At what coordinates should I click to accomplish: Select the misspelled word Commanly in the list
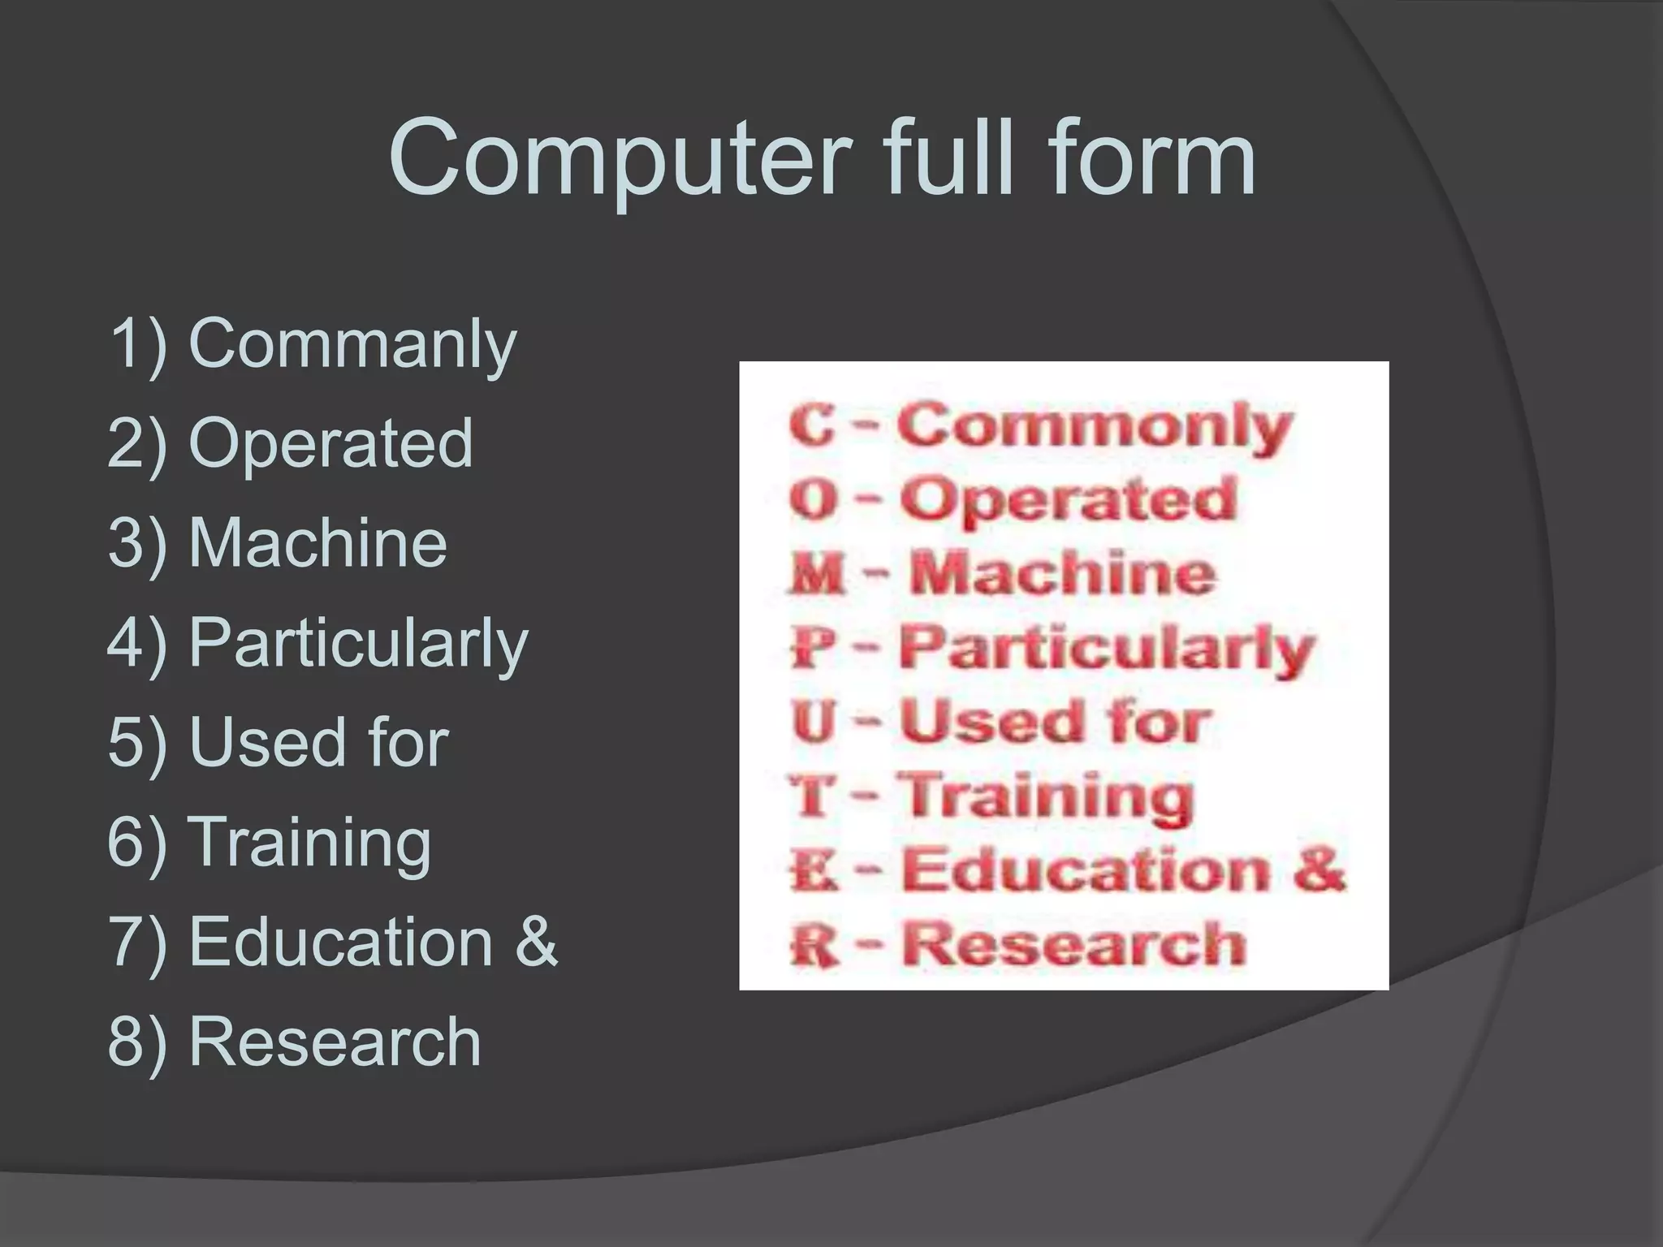pyautogui.click(x=352, y=345)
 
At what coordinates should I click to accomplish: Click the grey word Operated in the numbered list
pyautogui.click(x=330, y=443)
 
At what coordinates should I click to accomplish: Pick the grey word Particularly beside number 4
pyautogui.click(x=358, y=644)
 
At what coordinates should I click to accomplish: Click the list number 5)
pyautogui.click(x=136, y=742)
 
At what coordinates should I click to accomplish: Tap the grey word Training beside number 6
pyautogui.click(x=309, y=842)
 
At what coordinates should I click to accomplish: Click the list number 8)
pyautogui.click(x=136, y=1041)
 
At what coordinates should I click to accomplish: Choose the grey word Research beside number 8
pyautogui.click(x=335, y=1041)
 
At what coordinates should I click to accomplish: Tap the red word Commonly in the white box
pyautogui.click(x=1094, y=426)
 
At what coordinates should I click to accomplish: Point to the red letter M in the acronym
pyautogui.click(x=816, y=575)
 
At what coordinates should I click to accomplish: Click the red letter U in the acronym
pyautogui.click(x=813, y=722)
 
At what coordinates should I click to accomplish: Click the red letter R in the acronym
pyautogui.click(x=814, y=947)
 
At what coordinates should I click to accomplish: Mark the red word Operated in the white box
pyautogui.click(x=1068, y=499)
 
